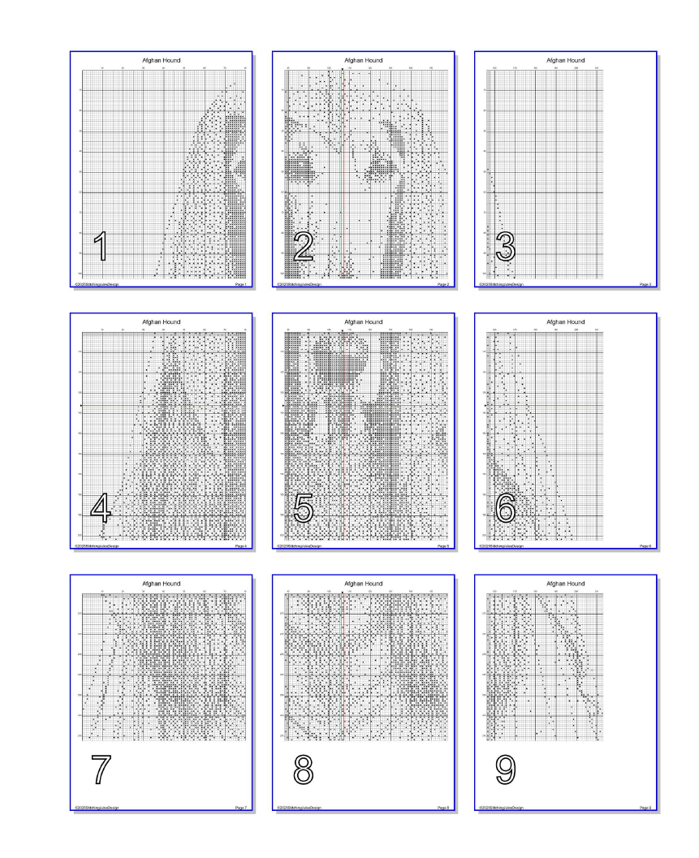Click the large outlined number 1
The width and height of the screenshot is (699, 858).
pyautogui.click(x=101, y=246)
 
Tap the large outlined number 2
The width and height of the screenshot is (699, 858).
pyautogui.click(x=303, y=246)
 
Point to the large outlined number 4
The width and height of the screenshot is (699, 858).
pyautogui.click(x=101, y=508)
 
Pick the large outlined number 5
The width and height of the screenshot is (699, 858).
pyautogui.click(x=303, y=508)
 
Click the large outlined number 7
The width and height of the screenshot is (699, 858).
pyautogui.click(x=101, y=770)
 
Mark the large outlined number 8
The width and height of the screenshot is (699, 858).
pyautogui.click(x=303, y=770)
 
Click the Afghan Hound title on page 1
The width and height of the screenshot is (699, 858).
pyautogui.click(x=161, y=60)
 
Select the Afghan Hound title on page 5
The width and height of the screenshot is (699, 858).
pyautogui.click(x=363, y=322)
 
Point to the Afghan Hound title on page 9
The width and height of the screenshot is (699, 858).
pyautogui.click(x=565, y=584)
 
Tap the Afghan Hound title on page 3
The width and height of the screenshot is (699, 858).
pyautogui.click(x=565, y=60)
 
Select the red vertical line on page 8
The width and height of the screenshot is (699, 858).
pyautogui.click(x=343, y=666)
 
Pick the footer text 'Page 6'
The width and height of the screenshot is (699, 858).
pyautogui.click(x=645, y=546)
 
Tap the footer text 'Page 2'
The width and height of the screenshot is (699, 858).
pyautogui.click(x=442, y=285)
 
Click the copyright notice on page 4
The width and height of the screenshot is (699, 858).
pyautogui.click(x=97, y=546)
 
